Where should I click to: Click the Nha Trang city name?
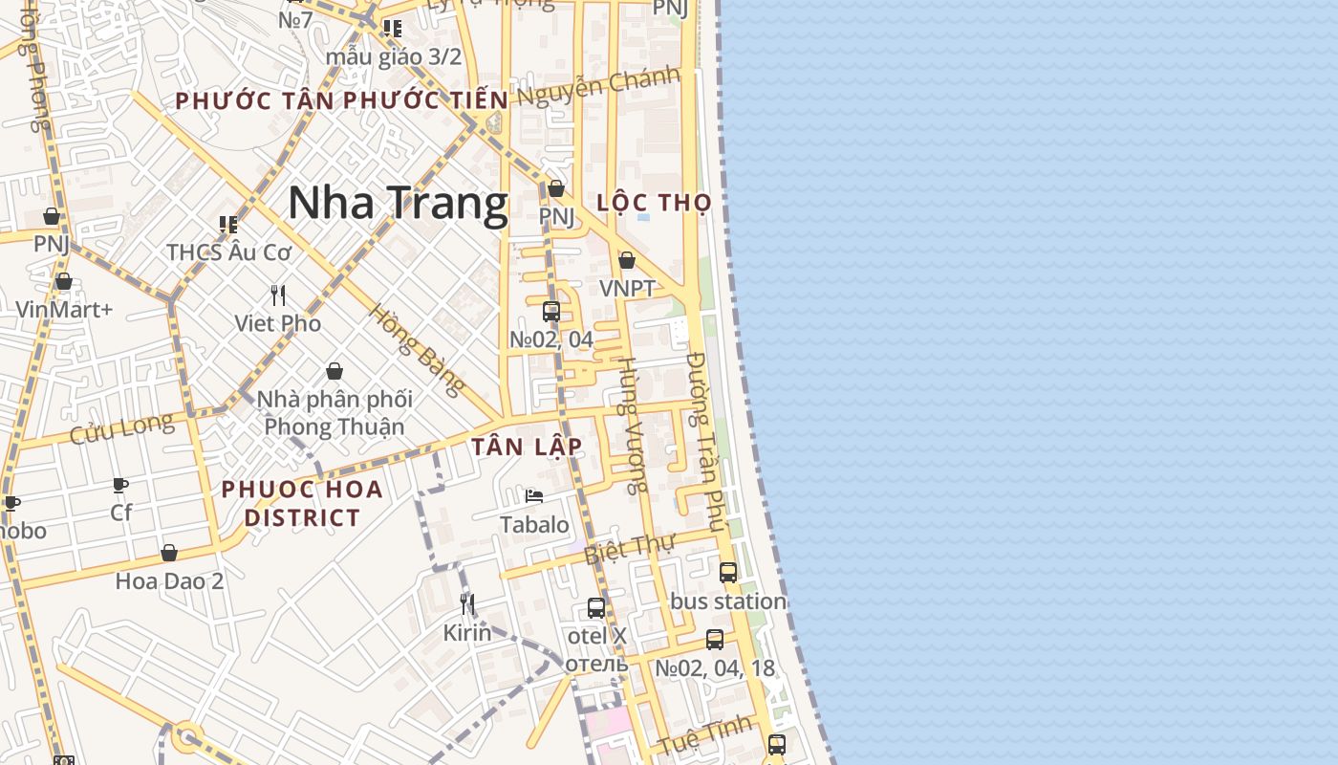click(x=398, y=203)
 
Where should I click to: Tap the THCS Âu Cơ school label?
click(x=228, y=252)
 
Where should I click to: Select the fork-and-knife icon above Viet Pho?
click(x=278, y=295)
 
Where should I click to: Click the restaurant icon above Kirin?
click(x=467, y=603)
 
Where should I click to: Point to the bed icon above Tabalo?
click(x=534, y=495)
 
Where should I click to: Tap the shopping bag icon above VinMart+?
click(x=64, y=281)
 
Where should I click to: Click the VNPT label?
click(x=627, y=288)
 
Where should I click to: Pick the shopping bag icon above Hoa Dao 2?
click(x=169, y=553)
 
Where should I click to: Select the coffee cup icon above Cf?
click(x=120, y=485)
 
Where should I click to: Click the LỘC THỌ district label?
click(x=655, y=203)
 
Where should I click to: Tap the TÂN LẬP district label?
click(x=527, y=447)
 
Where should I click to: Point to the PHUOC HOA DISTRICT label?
click(x=302, y=503)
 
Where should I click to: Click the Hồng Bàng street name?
click(x=417, y=349)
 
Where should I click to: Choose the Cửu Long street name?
click(x=121, y=428)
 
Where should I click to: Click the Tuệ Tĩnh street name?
click(x=705, y=737)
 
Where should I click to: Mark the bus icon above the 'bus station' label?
click(x=728, y=573)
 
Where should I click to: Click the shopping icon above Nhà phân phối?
click(x=334, y=371)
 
